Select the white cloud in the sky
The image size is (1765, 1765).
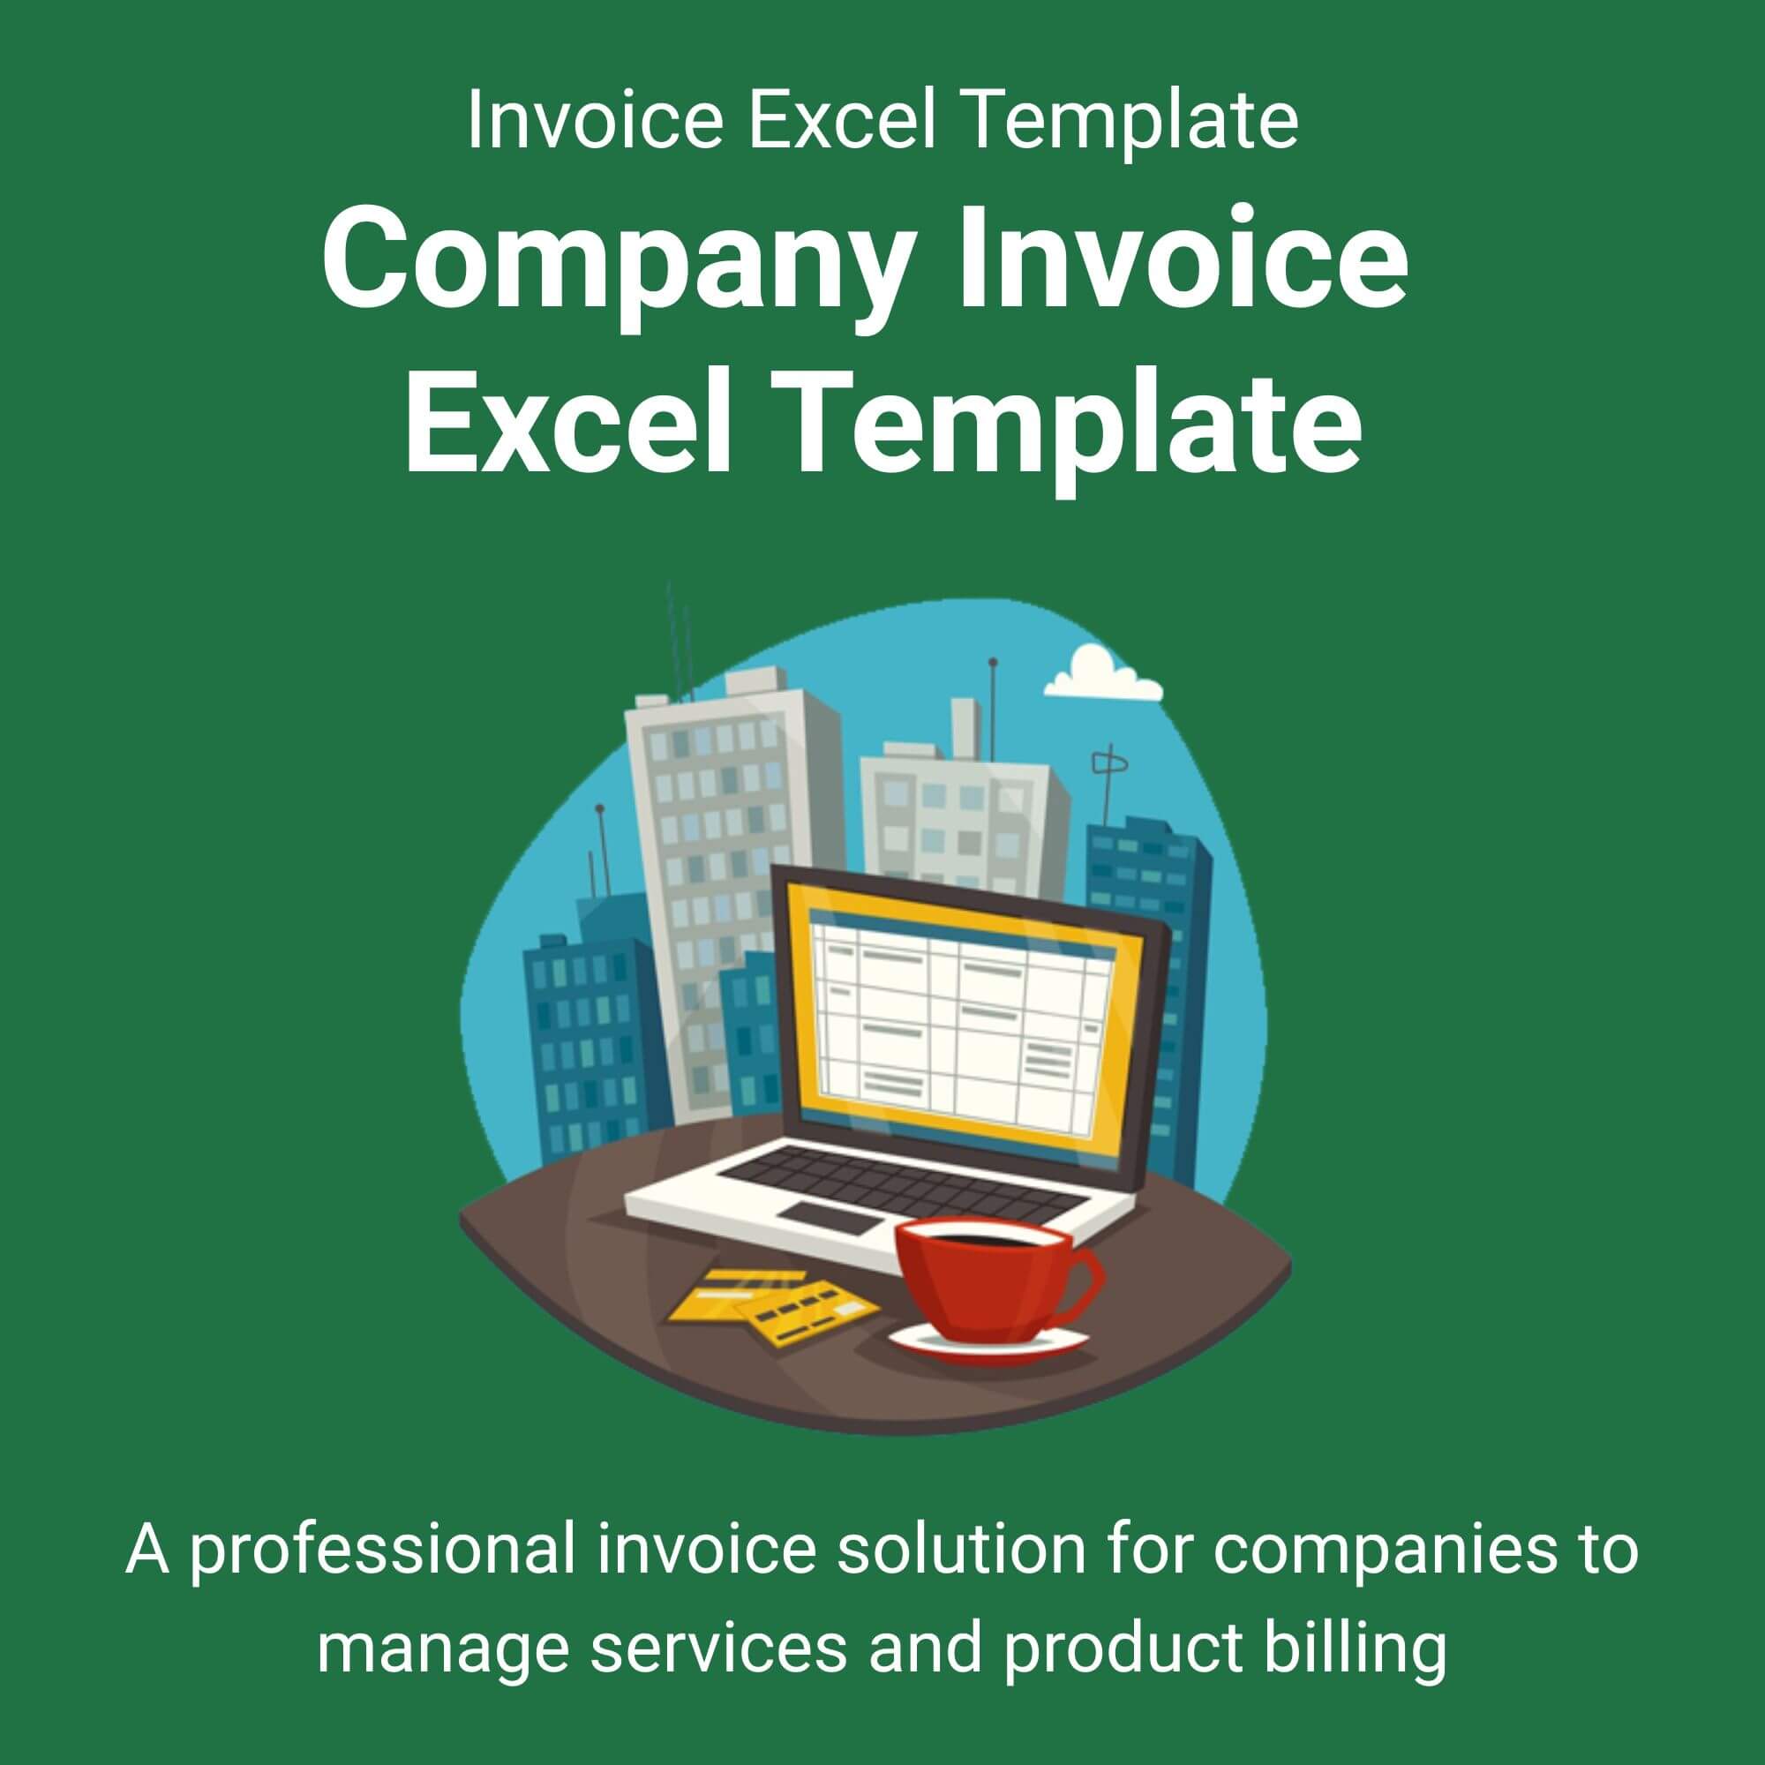click(1102, 673)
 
